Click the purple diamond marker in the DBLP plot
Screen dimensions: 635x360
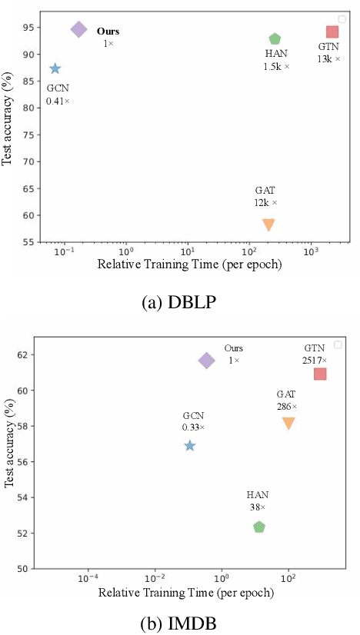click(x=78, y=29)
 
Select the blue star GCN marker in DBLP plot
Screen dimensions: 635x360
click(x=55, y=68)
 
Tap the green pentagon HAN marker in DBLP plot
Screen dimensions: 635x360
click(x=275, y=39)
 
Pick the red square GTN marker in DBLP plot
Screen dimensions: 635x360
click(x=332, y=32)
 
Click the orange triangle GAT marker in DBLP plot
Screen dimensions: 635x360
click(x=268, y=224)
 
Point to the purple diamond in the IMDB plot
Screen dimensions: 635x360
click(x=206, y=361)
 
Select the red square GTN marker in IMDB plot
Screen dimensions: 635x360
click(x=320, y=374)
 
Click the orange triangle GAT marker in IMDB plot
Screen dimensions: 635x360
click(x=288, y=423)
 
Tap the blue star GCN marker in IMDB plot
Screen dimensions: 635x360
click(x=190, y=446)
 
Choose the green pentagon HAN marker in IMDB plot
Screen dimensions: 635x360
click(x=259, y=527)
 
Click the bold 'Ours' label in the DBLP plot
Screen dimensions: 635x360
click(x=108, y=32)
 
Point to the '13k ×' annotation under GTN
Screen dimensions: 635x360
click(x=328, y=59)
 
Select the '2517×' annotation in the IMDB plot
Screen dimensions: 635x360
click(x=315, y=360)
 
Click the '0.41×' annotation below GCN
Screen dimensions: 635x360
click(x=58, y=101)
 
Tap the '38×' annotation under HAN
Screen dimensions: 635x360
click(x=258, y=507)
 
